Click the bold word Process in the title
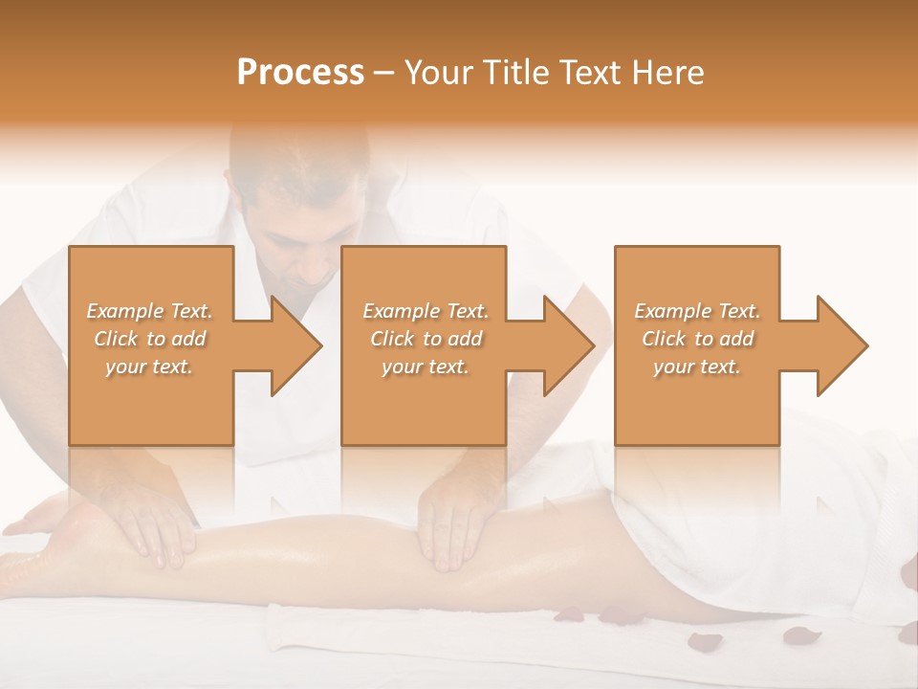[300, 72]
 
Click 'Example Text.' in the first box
[150, 311]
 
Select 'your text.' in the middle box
[425, 367]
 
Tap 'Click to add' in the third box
[697, 339]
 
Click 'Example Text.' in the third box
[697, 311]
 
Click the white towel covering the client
[765, 545]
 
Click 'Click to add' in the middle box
[425, 339]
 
